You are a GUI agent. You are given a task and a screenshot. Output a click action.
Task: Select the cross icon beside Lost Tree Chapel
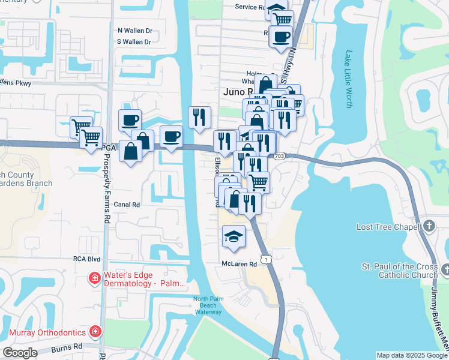point(429,226)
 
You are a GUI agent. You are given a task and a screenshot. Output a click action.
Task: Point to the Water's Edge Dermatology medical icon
point(94,278)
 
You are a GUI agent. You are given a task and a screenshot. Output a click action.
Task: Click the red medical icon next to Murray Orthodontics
point(95,331)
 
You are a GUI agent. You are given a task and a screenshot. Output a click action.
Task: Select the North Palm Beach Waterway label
point(208,305)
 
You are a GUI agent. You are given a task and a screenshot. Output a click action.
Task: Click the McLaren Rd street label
point(239,263)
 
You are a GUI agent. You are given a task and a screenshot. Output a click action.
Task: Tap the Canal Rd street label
point(127,205)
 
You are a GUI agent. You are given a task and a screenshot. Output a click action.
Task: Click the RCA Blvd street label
point(86,259)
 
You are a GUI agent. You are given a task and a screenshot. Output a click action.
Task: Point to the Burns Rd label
point(69,347)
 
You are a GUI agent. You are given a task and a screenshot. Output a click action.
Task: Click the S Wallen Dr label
point(134,42)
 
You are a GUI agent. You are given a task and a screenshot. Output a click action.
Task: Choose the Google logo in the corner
point(20,352)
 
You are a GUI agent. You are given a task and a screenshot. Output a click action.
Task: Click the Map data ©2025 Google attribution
point(411,355)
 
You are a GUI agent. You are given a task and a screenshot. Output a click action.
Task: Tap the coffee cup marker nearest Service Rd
point(281,37)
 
